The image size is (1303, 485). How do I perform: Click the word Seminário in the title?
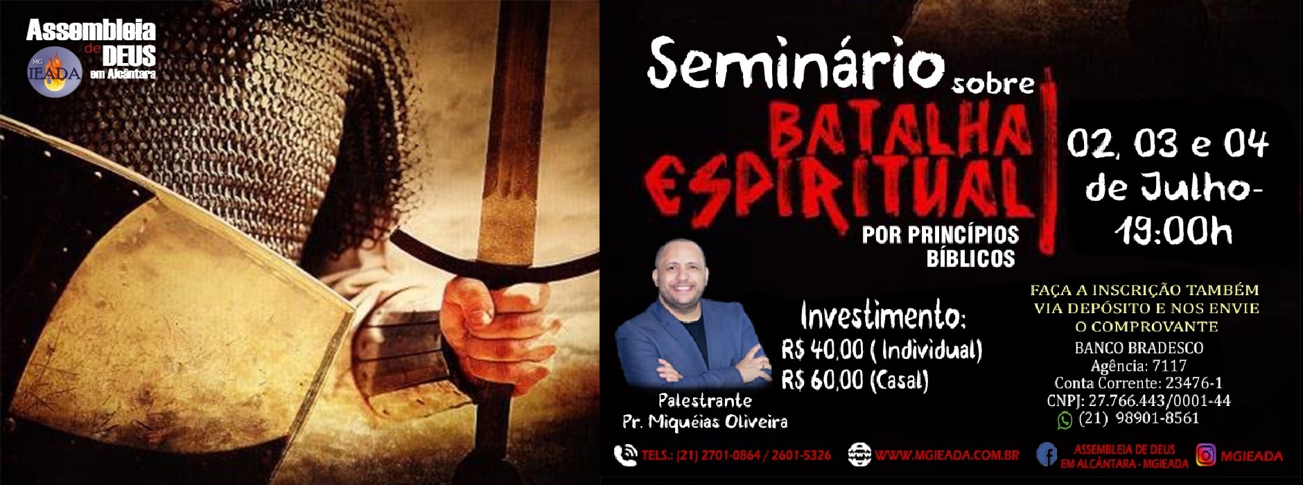(795, 63)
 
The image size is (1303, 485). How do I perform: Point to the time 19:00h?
(1173, 231)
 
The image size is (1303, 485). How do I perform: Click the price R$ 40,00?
(823, 351)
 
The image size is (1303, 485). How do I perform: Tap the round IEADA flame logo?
(55, 72)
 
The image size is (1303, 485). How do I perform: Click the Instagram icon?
(1206, 455)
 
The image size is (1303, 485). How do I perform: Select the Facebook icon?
(1047, 455)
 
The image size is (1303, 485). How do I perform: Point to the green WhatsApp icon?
(1065, 420)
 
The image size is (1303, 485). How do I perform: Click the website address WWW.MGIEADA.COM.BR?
(947, 456)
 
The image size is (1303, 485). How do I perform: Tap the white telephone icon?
(625, 455)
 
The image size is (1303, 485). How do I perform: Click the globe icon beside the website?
(859, 455)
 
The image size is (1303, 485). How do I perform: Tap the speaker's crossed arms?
(693, 367)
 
